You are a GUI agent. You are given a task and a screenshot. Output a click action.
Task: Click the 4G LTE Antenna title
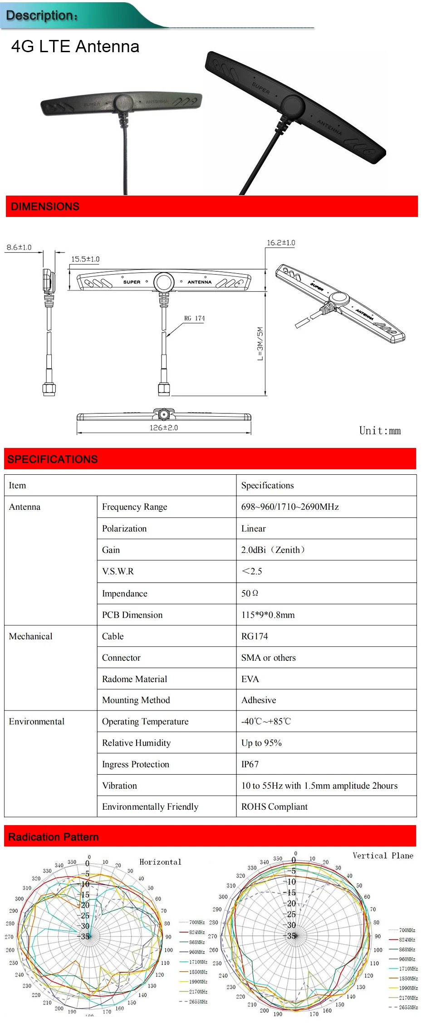75,47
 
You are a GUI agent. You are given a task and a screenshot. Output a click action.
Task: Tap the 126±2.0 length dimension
164,428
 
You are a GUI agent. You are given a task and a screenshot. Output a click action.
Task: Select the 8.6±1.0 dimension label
19,247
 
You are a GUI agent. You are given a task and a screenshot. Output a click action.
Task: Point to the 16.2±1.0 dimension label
281,243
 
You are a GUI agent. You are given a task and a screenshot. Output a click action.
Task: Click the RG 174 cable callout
194,318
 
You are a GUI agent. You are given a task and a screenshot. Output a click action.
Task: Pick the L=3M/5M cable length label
260,344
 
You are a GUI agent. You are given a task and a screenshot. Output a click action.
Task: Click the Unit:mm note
380,431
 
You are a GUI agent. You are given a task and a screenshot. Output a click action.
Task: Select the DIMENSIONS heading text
45,207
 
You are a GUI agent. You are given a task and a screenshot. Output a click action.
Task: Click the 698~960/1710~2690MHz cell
290,507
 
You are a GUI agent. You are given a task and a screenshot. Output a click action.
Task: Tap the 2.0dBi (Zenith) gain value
273,550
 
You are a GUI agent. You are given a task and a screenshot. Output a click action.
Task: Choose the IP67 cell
250,764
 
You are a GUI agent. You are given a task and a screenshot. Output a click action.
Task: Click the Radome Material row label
134,679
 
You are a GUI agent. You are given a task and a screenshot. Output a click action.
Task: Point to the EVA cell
250,679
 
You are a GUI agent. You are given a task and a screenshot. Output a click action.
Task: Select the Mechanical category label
31,636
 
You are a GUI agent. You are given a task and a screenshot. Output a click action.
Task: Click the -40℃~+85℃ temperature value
266,722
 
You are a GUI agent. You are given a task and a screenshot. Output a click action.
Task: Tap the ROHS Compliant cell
275,807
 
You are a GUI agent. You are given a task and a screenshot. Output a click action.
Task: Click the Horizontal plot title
160,862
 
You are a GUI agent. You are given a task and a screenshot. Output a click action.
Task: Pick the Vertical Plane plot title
383,856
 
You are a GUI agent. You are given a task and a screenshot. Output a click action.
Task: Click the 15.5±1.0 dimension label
85,259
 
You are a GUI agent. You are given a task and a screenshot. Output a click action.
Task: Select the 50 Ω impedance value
250,593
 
